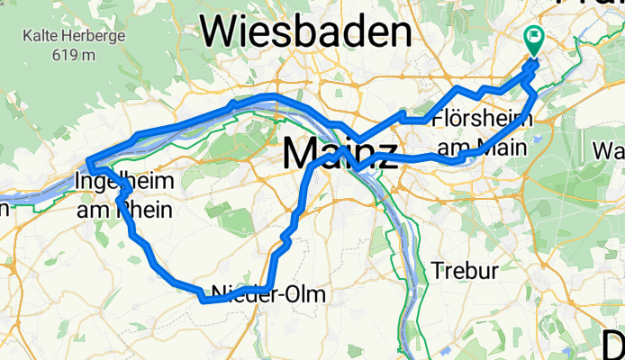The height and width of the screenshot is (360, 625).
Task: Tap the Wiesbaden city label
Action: tap(305, 32)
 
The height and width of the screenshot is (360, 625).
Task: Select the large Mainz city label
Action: tap(340, 153)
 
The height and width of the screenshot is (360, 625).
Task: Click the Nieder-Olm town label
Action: tap(267, 294)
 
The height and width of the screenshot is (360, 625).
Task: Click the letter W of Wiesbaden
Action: tap(220, 32)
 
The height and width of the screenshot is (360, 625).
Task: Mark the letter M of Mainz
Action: tap(299, 153)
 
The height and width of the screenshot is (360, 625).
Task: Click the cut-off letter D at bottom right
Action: tap(613, 344)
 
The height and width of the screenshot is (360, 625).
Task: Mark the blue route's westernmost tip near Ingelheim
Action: tap(88, 162)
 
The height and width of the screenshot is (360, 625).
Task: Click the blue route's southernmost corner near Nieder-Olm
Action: tap(203, 301)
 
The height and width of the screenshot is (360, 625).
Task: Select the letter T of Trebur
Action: tap(437, 270)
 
